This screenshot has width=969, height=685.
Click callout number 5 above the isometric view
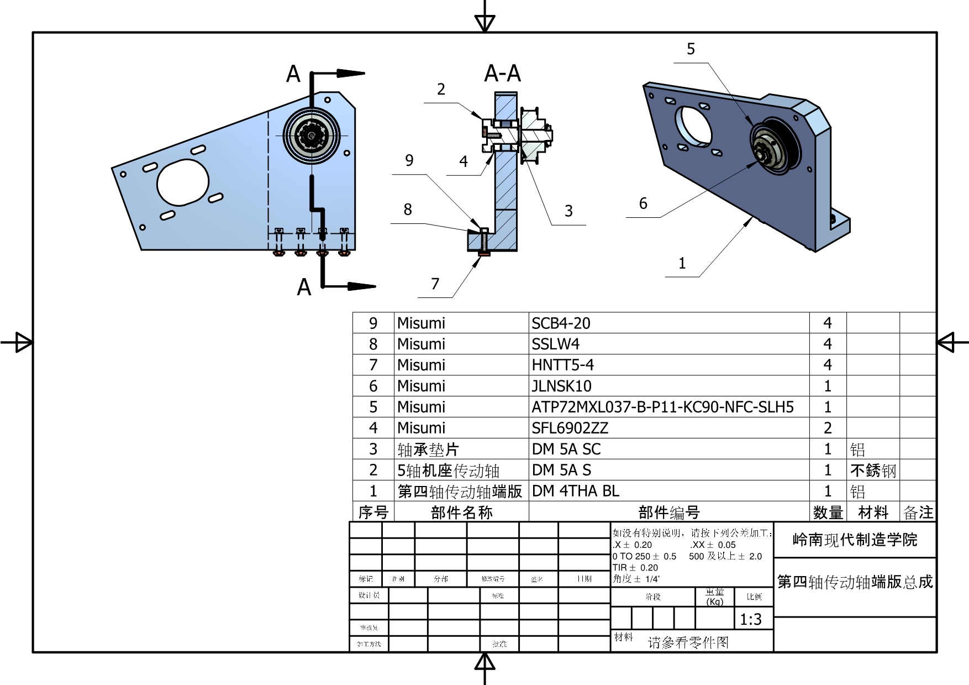(691, 49)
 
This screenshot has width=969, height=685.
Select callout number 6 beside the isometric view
(643, 203)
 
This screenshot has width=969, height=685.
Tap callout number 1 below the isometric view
(682, 263)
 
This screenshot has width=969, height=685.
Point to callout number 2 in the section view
(441, 90)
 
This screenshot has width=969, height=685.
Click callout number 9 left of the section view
(409, 160)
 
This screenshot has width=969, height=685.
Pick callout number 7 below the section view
(435, 284)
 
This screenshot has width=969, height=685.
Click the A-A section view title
(502, 74)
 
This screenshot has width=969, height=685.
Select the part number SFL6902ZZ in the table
(570, 428)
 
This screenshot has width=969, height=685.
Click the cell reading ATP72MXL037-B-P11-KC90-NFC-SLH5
(662, 407)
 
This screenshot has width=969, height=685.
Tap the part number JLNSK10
(561, 386)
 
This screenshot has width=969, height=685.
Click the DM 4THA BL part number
(575, 491)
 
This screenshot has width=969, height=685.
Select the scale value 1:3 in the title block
(750, 619)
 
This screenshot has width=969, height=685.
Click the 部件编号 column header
(668, 513)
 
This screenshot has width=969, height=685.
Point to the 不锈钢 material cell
(873, 470)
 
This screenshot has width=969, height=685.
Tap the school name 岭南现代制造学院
(855, 540)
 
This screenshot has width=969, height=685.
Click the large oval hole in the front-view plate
(183, 182)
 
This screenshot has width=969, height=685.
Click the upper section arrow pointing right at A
(350, 73)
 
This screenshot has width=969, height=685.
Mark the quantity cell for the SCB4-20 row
(827, 323)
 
